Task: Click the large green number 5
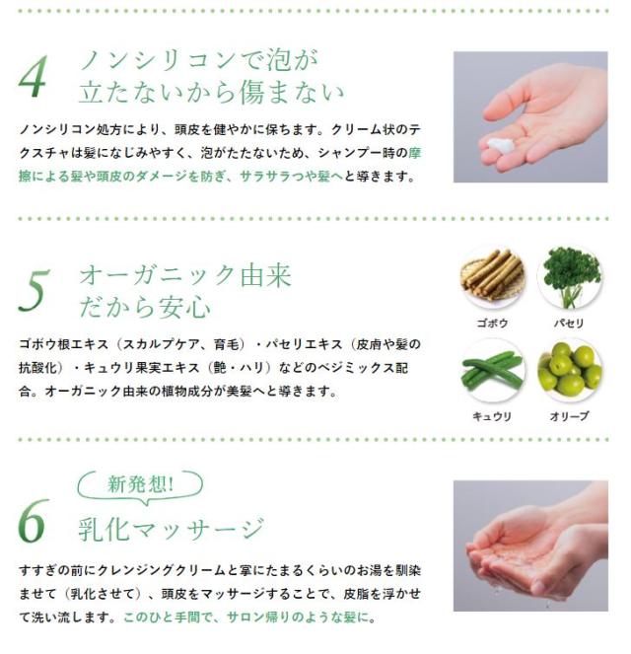tap(33, 290)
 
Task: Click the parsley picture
tap(569, 277)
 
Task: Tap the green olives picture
tap(569, 370)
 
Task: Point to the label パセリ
tap(569, 324)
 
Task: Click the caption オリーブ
tap(569, 416)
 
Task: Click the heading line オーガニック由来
tap(185, 274)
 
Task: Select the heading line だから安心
tap(145, 307)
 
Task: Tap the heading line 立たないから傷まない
tap(211, 94)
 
